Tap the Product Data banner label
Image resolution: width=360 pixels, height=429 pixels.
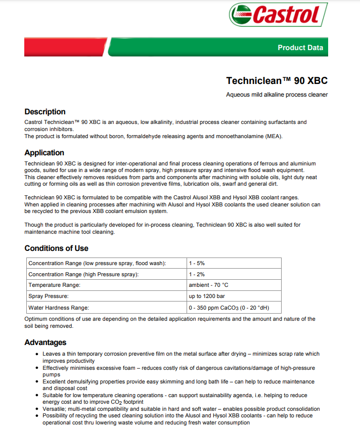tap(300, 48)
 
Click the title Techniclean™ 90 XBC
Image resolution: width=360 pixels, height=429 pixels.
tap(277, 80)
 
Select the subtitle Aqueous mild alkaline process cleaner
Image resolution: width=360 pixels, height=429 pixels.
tap(277, 95)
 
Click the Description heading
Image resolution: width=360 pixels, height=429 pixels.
tap(45, 112)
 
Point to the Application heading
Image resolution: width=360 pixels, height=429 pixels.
tap(44, 153)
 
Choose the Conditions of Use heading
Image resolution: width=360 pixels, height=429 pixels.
tap(56, 248)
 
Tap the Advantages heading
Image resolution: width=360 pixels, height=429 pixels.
tap(46, 342)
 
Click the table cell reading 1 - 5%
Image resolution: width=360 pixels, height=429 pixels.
tap(197, 263)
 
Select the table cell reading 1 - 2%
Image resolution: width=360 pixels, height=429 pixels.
tap(197, 274)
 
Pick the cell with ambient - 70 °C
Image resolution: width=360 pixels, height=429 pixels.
tap(208, 285)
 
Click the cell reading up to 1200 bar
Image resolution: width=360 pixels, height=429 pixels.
tap(207, 296)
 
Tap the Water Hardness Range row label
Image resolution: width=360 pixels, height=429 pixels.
tap(59, 308)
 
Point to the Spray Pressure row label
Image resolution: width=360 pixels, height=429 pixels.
tap(49, 296)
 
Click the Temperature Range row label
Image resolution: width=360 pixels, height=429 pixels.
tap(54, 285)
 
